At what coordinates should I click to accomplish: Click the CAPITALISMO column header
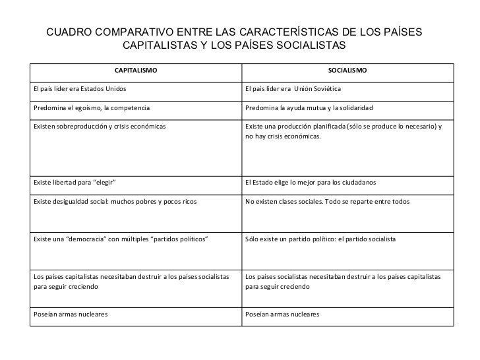(136, 69)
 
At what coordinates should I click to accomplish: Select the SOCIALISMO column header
(347, 69)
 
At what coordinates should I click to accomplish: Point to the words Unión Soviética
(317, 88)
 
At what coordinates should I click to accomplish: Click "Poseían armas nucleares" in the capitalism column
(71, 314)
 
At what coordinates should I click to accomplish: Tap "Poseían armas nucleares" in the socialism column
(282, 314)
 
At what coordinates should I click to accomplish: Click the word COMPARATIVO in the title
(122, 32)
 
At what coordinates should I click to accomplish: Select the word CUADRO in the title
(65, 32)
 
